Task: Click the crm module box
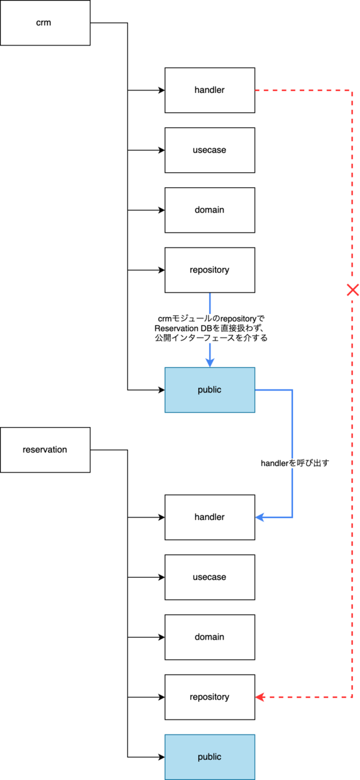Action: point(45,23)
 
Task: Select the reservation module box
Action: point(45,450)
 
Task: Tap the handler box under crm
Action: point(210,90)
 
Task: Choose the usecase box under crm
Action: point(210,150)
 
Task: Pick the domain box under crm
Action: point(210,210)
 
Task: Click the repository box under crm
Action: point(210,270)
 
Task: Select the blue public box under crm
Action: point(210,389)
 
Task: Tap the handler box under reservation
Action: point(210,517)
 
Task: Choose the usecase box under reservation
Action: point(210,577)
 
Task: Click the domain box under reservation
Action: point(210,637)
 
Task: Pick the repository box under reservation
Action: point(210,697)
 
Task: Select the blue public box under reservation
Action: point(210,757)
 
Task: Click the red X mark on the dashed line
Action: point(353,290)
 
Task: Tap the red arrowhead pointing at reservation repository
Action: point(260,697)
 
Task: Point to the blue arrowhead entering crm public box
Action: point(210,363)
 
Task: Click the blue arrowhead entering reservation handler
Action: point(260,517)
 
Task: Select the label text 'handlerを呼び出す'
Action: point(294,463)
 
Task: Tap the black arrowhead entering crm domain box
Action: point(162,210)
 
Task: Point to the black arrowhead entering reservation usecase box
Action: point(162,577)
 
